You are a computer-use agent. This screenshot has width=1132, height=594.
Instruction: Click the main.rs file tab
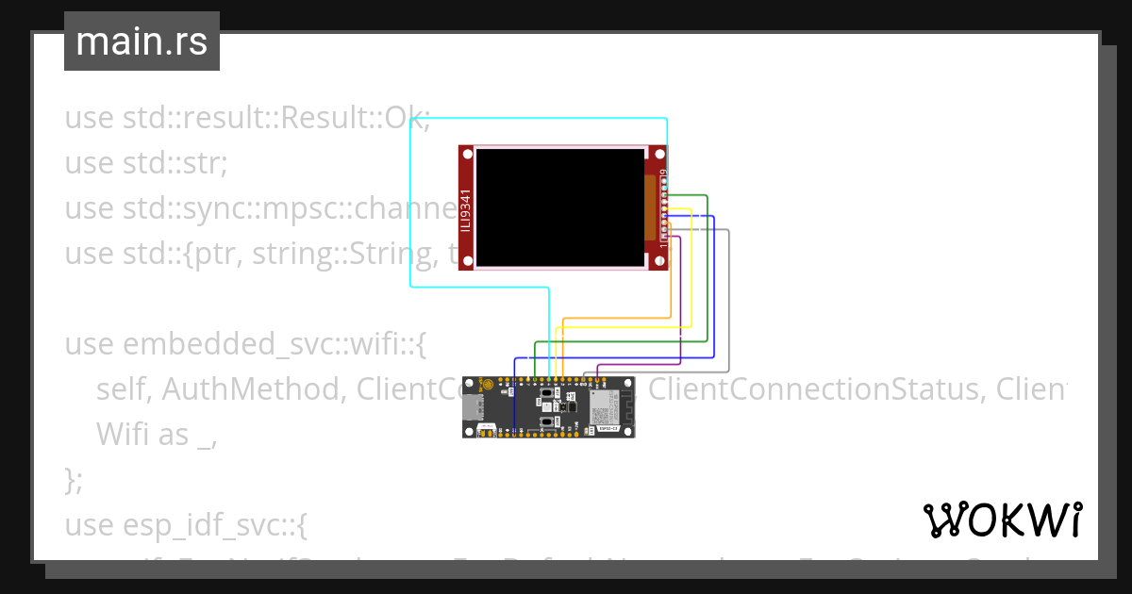[141, 41]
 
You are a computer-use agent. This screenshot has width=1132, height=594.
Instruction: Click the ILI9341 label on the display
[466, 207]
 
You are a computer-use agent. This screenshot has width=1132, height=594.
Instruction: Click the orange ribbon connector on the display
[649, 207]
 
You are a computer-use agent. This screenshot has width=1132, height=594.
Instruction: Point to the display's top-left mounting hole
[466, 152]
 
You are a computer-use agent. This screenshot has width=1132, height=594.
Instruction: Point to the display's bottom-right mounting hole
[660, 263]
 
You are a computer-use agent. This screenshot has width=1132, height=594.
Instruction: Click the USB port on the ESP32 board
[474, 407]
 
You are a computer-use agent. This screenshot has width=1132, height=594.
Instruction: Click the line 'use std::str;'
[146, 163]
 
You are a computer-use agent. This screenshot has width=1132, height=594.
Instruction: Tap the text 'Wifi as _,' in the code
[157, 434]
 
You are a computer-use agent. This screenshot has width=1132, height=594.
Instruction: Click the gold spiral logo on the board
[488, 386]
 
